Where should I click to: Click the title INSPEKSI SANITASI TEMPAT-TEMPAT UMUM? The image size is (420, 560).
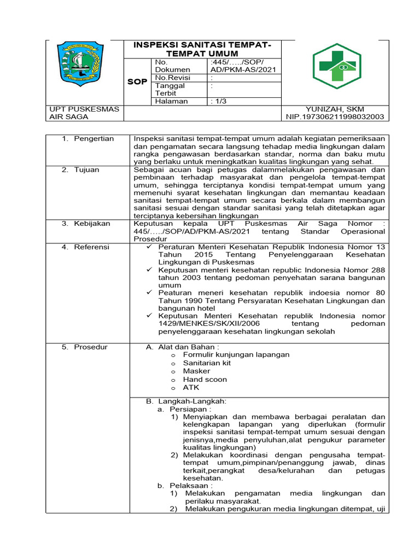pyautogui.click(x=202, y=49)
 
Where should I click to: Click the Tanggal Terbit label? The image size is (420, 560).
pyautogui.click(x=170, y=89)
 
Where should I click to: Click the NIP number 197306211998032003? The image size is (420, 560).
pyautogui.click(x=335, y=116)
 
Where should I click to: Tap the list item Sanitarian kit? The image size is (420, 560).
pyautogui.click(x=207, y=363)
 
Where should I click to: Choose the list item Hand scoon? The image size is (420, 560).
pyautogui.click(x=205, y=380)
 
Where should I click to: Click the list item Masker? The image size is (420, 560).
pyautogui.click(x=196, y=371)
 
